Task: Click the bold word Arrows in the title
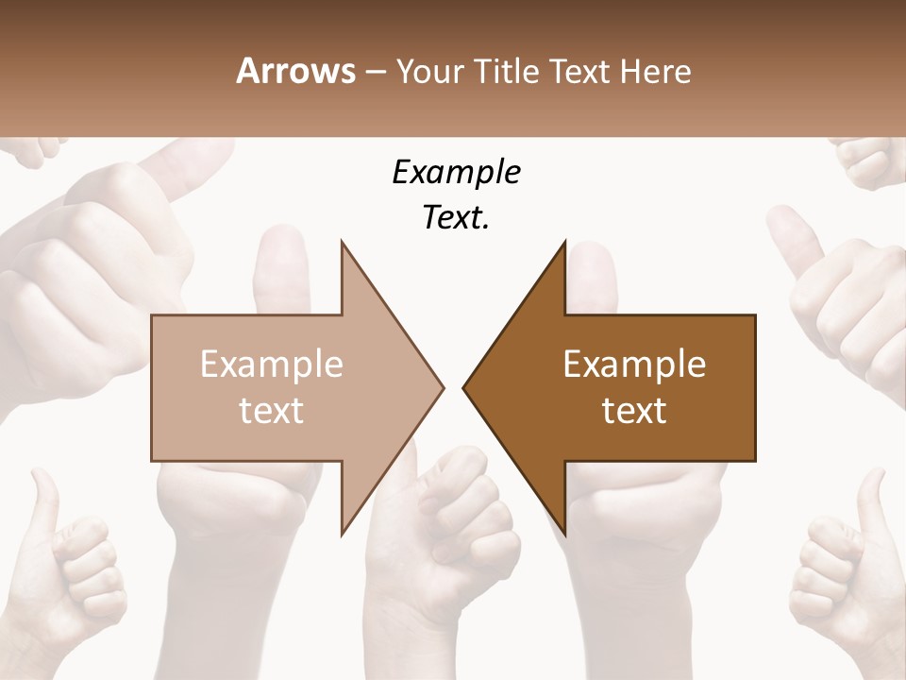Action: pos(296,72)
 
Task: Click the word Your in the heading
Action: pos(429,72)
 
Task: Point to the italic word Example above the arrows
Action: pos(456,172)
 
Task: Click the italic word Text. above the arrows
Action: pos(456,217)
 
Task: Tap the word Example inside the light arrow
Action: pos(272,365)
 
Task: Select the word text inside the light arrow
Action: pos(272,411)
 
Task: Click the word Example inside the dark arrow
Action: pos(634,365)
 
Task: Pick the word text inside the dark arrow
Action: pos(634,411)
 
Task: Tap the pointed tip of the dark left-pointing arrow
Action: pos(464,387)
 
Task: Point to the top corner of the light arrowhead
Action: pos(343,242)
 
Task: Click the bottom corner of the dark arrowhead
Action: pos(564,533)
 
